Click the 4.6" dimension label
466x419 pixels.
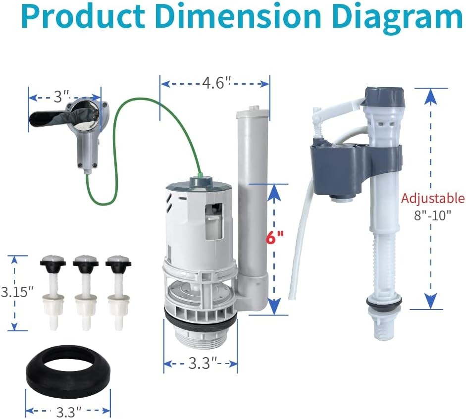coord(216,83)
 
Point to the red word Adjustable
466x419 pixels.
coord(433,198)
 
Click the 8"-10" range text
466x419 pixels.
coord(432,215)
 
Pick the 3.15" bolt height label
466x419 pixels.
coord(17,292)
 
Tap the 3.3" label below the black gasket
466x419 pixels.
coord(69,412)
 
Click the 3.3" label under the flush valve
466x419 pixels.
coord(204,363)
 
